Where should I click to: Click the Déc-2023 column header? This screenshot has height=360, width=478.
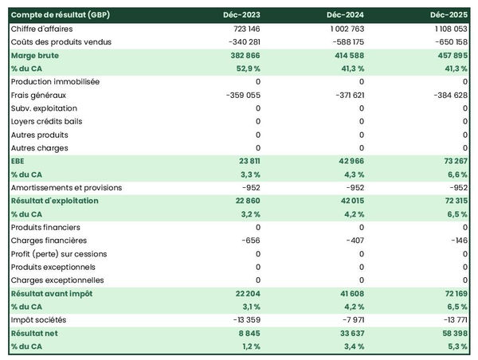click(x=243, y=15)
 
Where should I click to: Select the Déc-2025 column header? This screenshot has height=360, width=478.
click(x=449, y=15)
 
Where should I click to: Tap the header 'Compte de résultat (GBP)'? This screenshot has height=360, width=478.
click(x=56, y=15)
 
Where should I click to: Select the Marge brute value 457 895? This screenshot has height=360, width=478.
click(x=449, y=56)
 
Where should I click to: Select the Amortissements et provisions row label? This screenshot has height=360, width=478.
click(x=66, y=188)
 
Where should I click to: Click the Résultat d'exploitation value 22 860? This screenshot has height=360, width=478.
click(x=244, y=201)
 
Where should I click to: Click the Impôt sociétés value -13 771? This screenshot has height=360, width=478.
click(x=452, y=320)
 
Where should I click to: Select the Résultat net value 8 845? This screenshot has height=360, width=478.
click(x=247, y=334)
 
